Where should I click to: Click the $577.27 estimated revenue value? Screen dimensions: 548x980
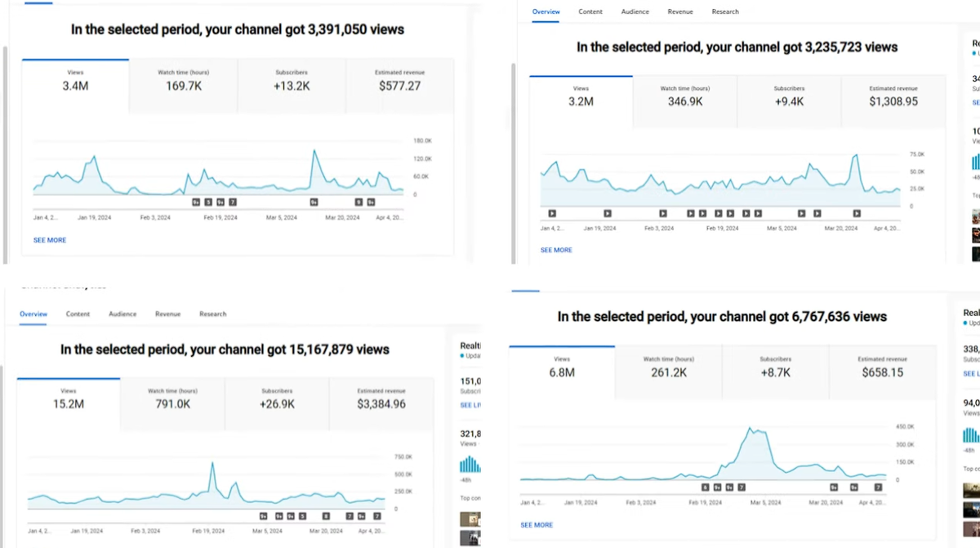pyautogui.click(x=399, y=86)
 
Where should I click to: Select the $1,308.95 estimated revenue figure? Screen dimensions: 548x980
pyautogui.click(x=893, y=102)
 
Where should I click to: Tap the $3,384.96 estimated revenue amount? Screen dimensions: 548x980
pyautogui.click(x=381, y=404)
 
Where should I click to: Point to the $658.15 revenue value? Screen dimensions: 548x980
pyautogui.click(x=882, y=372)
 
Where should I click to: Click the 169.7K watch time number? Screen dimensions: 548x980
pyautogui.click(x=183, y=86)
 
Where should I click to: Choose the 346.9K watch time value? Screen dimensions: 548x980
pyautogui.click(x=684, y=102)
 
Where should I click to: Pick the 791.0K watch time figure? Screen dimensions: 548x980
pyautogui.click(x=172, y=404)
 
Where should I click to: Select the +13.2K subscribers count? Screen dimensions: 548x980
pyautogui.click(x=292, y=86)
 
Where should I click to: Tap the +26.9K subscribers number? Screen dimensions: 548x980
pyautogui.click(x=277, y=404)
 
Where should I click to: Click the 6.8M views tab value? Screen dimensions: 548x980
pyautogui.click(x=562, y=372)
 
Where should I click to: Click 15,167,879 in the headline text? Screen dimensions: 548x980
pyautogui.click(x=339, y=350)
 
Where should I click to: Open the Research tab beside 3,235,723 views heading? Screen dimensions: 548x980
pyautogui.click(x=725, y=12)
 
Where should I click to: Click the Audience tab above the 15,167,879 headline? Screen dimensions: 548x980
pyautogui.click(x=122, y=314)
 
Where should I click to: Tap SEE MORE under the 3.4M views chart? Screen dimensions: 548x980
pyautogui.click(x=50, y=240)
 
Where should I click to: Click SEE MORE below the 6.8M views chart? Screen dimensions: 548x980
pyautogui.click(x=537, y=525)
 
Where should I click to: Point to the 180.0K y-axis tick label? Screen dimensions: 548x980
pyautogui.click(x=422, y=141)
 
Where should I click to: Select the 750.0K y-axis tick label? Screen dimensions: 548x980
pyautogui.click(x=403, y=457)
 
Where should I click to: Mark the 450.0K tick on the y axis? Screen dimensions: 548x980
pyautogui.click(x=905, y=427)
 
